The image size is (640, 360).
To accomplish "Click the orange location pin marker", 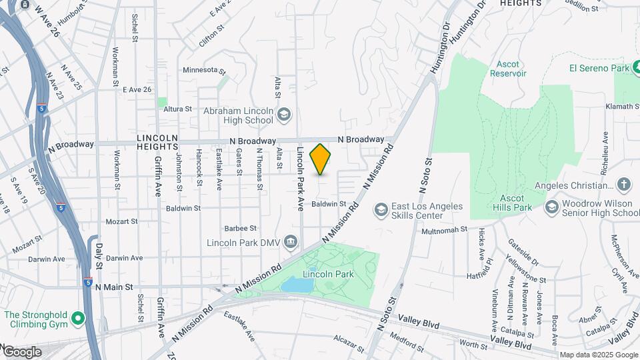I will pos(321,159).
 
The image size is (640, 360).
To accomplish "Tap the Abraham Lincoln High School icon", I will pos(285,115).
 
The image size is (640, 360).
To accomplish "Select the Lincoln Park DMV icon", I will pos(291,241).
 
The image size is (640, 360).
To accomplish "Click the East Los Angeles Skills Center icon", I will pos(381,211).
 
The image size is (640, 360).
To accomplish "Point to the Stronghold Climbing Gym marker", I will pos(78,319).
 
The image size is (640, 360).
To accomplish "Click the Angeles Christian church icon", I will pos(623,185).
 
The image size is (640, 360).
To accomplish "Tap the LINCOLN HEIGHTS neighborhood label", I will pos(158,142).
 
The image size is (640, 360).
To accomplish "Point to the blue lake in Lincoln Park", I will pos(295,285).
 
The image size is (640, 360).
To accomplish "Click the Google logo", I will pos(22,351).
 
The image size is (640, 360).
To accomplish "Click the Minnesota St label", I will pos(205,70).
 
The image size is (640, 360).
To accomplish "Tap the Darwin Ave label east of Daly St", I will pos(124,258).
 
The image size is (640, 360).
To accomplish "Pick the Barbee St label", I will pos(241,227).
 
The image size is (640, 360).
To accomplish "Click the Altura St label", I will pos(178,109).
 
